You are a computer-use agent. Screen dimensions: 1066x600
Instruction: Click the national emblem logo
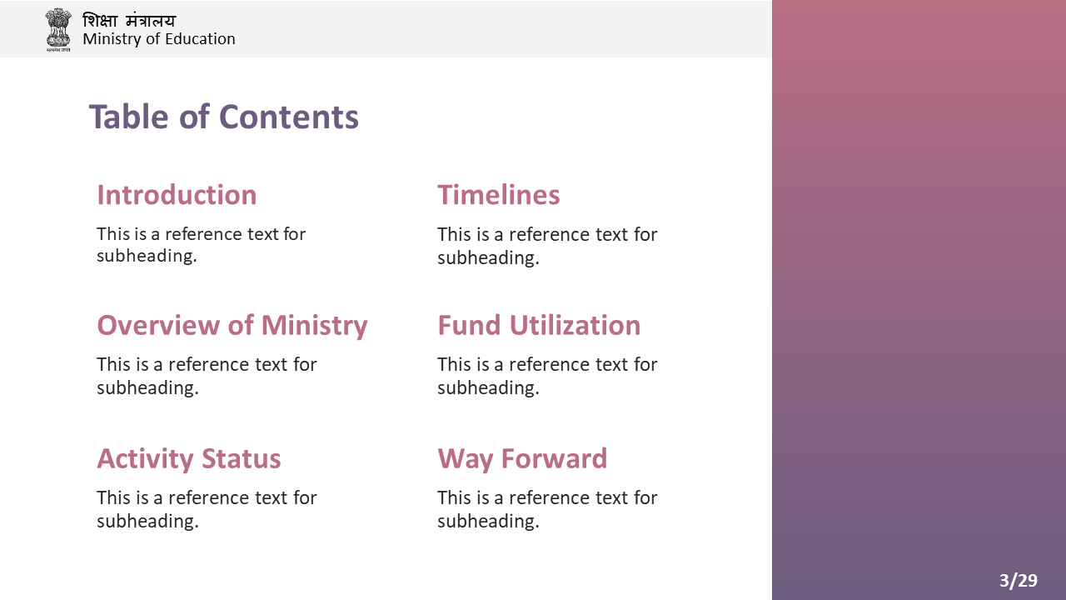pyautogui.click(x=58, y=29)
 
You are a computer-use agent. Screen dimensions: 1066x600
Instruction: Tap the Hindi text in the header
pyautogui.click(x=129, y=21)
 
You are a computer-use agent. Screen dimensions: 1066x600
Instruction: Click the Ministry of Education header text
pyautogui.click(x=159, y=39)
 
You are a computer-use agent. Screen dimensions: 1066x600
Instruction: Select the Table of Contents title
pyautogui.click(x=224, y=117)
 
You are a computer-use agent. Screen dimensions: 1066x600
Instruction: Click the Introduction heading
pyautogui.click(x=177, y=195)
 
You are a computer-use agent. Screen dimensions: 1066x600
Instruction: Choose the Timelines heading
pyautogui.click(x=499, y=195)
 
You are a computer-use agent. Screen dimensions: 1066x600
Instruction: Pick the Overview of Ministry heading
pyautogui.click(x=232, y=326)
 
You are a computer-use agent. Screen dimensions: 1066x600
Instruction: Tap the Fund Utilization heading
pyautogui.click(x=539, y=325)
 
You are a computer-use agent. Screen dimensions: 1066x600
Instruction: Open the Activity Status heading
pyautogui.click(x=189, y=459)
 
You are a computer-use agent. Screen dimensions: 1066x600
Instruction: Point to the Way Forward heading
pyautogui.click(x=522, y=459)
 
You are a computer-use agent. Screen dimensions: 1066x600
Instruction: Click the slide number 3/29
pyautogui.click(x=1019, y=581)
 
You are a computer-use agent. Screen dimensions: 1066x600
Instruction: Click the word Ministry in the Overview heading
pyautogui.click(x=314, y=326)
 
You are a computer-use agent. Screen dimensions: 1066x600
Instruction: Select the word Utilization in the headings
pyautogui.click(x=575, y=325)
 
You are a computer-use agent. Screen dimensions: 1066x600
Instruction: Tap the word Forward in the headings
pyautogui.click(x=555, y=458)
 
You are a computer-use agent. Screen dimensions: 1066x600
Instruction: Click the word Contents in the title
pyautogui.click(x=289, y=117)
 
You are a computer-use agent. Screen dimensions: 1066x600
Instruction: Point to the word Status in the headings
pyautogui.click(x=242, y=458)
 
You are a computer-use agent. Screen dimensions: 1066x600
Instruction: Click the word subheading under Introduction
pyautogui.click(x=147, y=256)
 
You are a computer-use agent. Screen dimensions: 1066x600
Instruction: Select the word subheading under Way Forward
pyautogui.click(x=488, y=522)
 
